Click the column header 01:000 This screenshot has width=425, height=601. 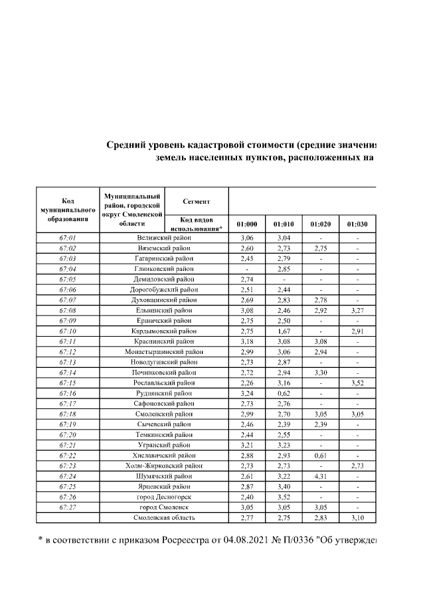(247, 224)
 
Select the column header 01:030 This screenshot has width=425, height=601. (357, 224)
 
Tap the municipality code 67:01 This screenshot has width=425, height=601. (67, 237)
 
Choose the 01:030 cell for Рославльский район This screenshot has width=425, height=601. (357, 383)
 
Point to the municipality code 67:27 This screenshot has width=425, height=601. (67, 507)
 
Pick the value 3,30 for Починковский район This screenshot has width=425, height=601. (321, 373)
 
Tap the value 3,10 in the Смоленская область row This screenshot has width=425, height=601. (357, 517)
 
